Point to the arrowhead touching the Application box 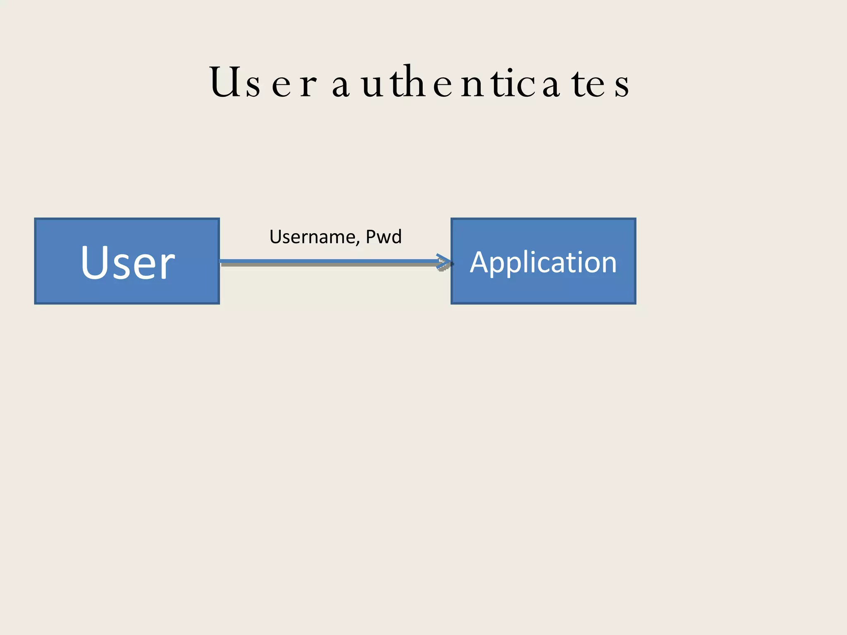[445, 262]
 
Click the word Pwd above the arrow [384, 237]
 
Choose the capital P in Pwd [371, 236]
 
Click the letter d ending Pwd [396, 236]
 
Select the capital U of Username [275, 236]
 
